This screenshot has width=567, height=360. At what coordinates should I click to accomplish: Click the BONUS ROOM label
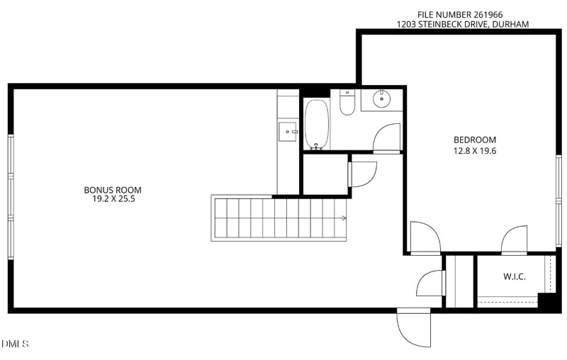tap(113, 190)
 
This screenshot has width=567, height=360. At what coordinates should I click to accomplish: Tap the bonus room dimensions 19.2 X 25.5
tap(113, 199)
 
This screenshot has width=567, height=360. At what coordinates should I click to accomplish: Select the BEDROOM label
tap(475, 140)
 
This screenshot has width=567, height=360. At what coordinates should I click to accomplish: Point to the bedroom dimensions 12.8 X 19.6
tap(475, 151)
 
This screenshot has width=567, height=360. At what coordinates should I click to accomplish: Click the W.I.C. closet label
tap(515, 277)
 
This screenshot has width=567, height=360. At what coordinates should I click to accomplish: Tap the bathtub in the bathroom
tap(317, 124)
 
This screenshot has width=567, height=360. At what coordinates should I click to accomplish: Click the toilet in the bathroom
tap(347, 103)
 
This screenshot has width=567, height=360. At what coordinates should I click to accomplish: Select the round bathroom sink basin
tap(382, 99)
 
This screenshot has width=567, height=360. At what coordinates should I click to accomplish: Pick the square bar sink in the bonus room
tap(288, 132)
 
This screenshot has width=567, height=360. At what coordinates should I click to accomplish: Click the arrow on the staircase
tap(342, 218)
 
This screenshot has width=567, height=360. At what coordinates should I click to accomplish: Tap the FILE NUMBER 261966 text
tap(460, 15)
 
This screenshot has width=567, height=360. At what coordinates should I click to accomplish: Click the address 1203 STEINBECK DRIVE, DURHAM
tap(463, 24)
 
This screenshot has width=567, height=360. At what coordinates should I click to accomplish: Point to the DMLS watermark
tap(15, 344)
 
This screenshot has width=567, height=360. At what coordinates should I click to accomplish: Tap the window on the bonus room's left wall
tap(11, 197)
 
